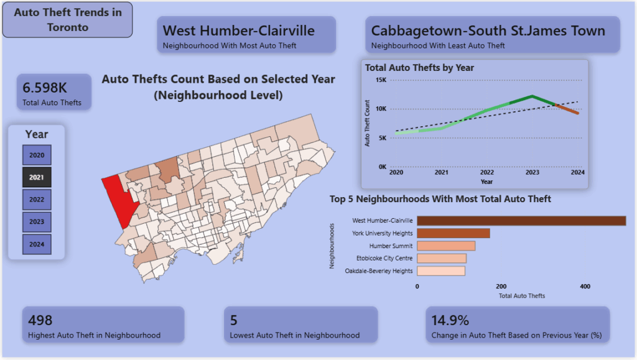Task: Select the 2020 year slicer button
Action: (37, 155)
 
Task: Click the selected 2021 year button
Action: (37, 177)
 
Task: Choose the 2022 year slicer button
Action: (37, 200)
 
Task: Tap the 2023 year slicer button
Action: (37, 222)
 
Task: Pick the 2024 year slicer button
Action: (37, 244)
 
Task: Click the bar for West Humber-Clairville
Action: (521, 221)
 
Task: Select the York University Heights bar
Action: (453, 233)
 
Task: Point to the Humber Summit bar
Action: (445, 246)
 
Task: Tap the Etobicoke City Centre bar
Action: (441, 259)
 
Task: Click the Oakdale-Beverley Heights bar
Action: (440, 271)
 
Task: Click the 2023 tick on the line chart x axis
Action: (532, 173)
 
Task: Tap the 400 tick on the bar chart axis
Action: (585, 287)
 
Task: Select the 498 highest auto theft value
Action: (40, 320)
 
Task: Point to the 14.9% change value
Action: (450, 320)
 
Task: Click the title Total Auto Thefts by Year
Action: (419, 68)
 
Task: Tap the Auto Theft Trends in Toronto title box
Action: (67, 20)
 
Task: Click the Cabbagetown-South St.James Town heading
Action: (488, 30)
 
